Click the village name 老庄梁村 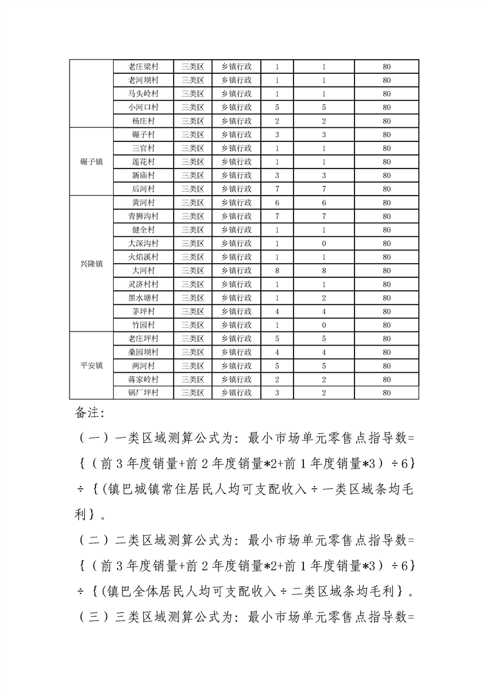pos(143,66)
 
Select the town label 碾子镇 pos(92,162)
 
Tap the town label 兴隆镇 pos(92,264)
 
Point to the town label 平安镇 pos(92,365)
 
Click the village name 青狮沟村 pos(143,216)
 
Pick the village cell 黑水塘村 pos(143,298)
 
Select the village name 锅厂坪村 pos(143,393)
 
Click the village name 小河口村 pos(143,107)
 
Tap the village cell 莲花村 pos(143,162)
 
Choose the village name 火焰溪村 pos(143,257)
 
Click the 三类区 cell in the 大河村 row pos(193,271)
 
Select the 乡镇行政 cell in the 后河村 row pos(236,189)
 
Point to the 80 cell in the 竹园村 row pos(386,325)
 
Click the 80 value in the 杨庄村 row pos(386,121)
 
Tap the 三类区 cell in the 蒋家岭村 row pos(193,379)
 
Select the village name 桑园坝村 pos(143,352)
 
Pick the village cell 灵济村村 pos(143,284)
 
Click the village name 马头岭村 pos(143,93)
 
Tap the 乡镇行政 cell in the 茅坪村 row pos(236,311)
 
